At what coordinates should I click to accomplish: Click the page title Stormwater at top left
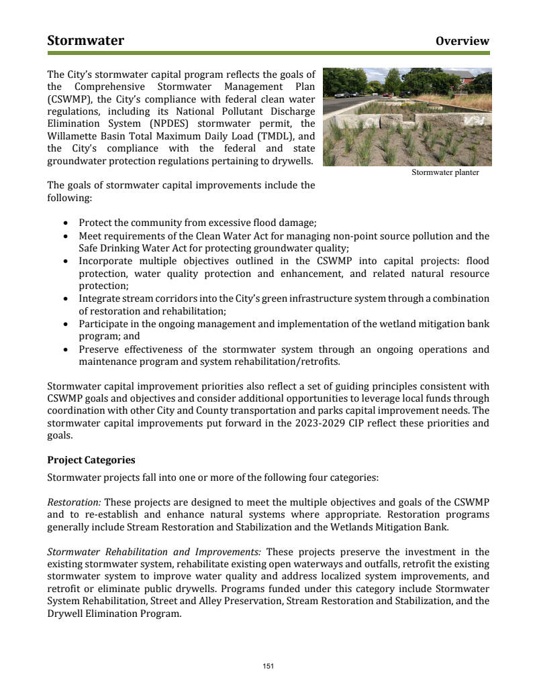click(x=85, y=41)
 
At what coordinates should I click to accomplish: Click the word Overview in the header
click(x=462, y=42)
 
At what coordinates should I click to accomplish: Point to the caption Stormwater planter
click(x=445, y=172)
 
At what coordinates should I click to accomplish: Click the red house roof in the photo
click(x=459, y=74)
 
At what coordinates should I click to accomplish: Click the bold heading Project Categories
click(x=91, y=461)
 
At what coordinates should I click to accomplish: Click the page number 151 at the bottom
click(x=268, y=666)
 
